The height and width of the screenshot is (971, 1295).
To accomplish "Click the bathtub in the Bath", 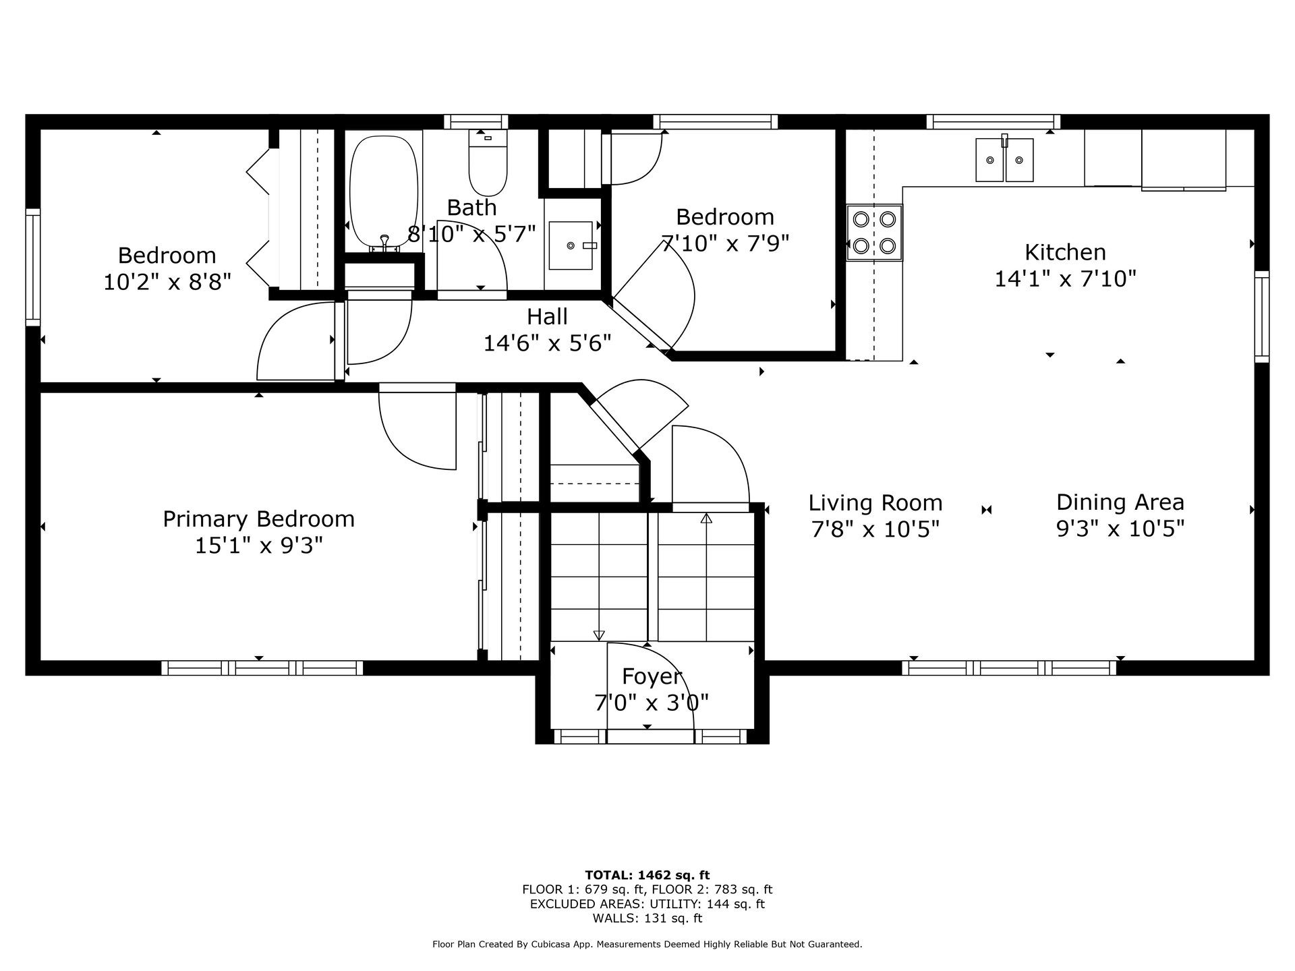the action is coord(384,192).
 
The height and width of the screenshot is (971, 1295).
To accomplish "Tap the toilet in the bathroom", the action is coord(488,163).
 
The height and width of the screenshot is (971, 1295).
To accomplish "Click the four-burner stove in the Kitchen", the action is coord(874,232).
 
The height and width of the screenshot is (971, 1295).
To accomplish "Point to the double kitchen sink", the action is coord(1004,160).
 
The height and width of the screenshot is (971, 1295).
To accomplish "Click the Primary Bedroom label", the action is coord(259,519).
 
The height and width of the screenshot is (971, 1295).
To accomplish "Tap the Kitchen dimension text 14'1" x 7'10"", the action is coord(1066,278).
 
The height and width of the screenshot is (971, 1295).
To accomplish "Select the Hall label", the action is coord(547,316).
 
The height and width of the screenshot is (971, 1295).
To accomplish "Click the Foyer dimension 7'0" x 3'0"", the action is coord(652,703).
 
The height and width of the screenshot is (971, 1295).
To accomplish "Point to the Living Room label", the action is coord(875,503).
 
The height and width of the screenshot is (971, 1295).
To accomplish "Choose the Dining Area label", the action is coord(1120,502).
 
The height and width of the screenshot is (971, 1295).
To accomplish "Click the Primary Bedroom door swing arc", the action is coord(405,448).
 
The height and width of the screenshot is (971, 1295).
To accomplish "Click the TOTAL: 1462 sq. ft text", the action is coord(647,875).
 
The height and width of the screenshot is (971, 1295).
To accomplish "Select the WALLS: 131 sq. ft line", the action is coord(647,918).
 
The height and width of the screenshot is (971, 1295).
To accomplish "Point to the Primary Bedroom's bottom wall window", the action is coord(262,668).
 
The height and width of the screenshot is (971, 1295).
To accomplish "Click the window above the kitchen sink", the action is coord(993,122).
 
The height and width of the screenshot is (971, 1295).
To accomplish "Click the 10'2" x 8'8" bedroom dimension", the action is coord(167,282).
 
